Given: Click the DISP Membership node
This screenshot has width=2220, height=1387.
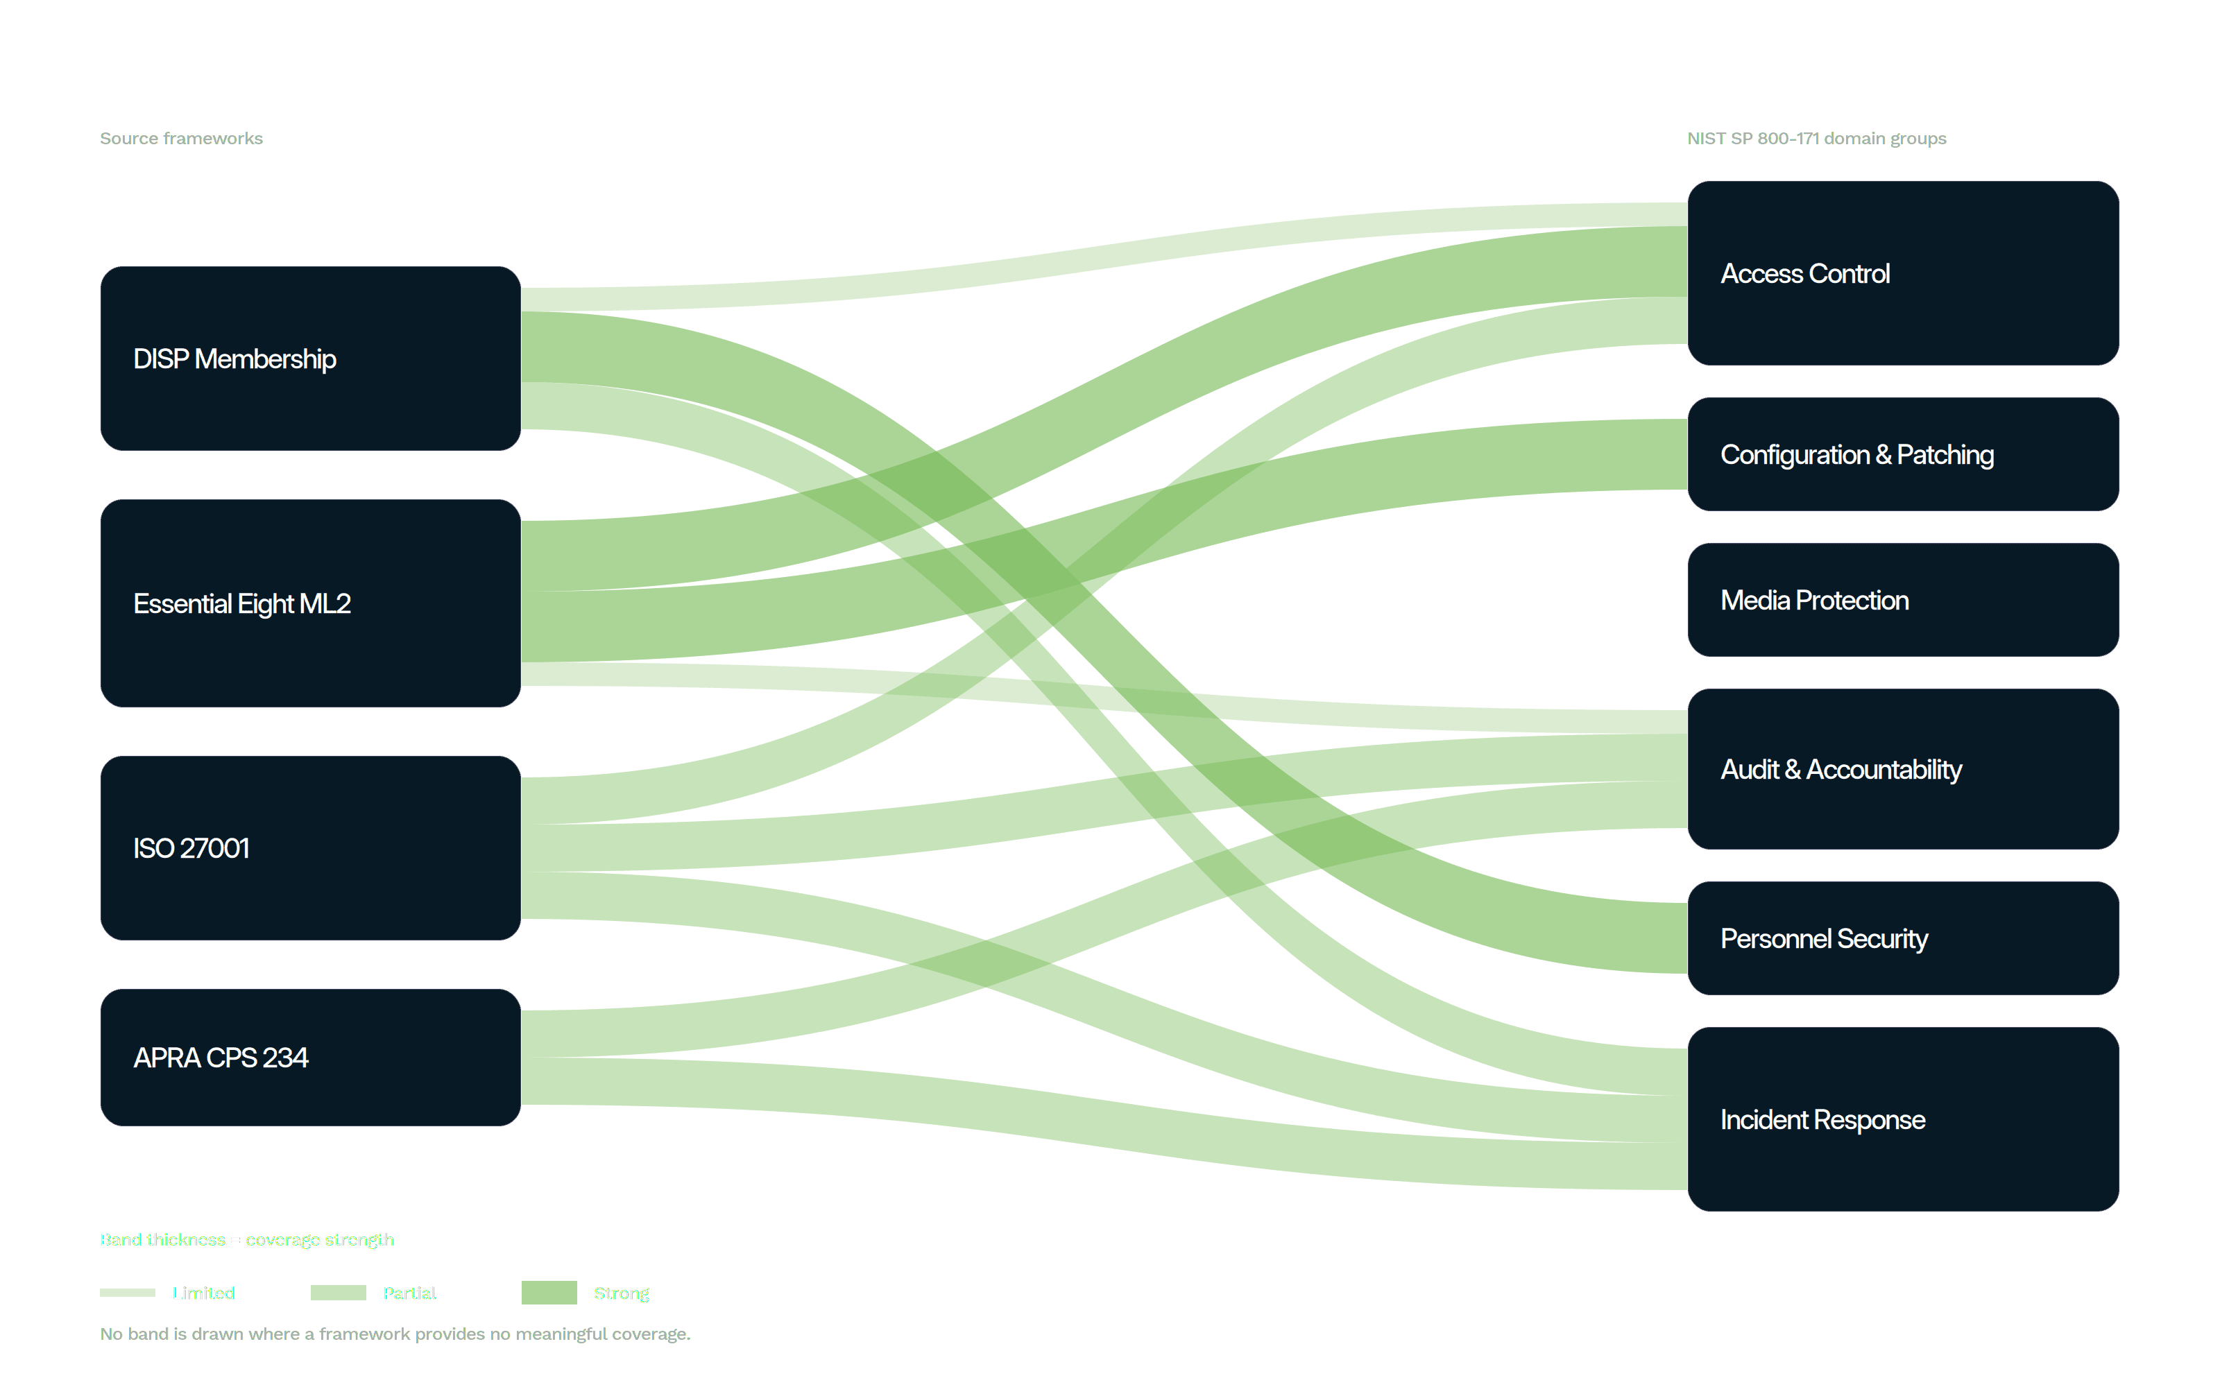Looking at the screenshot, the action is click(310, 358).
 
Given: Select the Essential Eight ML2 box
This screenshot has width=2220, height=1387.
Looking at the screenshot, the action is click(310, 603).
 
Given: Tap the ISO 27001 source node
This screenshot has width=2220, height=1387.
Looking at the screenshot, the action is click(310, 847).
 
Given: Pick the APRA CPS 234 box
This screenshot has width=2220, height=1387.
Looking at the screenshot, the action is click(310, 1057).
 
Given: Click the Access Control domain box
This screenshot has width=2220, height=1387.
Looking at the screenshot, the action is click(1902, 273).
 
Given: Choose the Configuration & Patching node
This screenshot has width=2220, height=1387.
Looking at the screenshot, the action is click(1902, 454).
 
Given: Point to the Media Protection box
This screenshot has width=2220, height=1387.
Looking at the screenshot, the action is click(1902, 600).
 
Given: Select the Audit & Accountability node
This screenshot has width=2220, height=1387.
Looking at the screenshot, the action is click(1902, 768).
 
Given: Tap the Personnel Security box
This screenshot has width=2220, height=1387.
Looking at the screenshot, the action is click(1902, 938).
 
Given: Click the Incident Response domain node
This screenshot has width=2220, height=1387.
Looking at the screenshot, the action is click(1902, 1119).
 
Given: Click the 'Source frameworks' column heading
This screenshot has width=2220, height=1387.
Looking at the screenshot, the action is click(182, 139).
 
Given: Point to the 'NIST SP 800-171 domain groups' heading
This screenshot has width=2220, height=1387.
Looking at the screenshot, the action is click(1816, 139).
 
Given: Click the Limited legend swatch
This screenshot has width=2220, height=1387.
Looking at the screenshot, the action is click(128, 1293).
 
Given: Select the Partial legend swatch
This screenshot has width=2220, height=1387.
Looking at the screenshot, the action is click(339, 1293).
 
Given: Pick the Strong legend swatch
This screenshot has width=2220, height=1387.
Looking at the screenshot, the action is click(549, 1293).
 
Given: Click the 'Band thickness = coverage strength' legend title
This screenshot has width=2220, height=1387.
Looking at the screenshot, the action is click(248, 1240).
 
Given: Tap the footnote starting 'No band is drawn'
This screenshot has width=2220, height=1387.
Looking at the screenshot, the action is click(395, 1334).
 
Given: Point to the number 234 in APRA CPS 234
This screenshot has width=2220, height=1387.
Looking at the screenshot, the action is click(285, 1058).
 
